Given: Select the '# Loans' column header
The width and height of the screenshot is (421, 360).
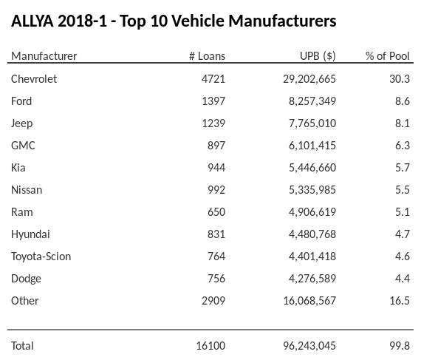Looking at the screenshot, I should (x=207, y=56).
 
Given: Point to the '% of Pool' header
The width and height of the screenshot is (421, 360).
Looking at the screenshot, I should (x=387, y=56).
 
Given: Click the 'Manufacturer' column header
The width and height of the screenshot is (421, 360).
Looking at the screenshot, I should (x=44, y=56).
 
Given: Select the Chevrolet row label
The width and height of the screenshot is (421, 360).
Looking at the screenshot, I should (x=34, y=78).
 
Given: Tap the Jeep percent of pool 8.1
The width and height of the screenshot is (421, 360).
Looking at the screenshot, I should (x=402, y=123).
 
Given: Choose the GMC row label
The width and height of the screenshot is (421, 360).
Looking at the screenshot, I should (x=23, y=145).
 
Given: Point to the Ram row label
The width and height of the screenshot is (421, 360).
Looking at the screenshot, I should (x=22, y=211).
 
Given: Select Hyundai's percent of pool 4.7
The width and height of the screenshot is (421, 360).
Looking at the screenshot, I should (x=402, y=234).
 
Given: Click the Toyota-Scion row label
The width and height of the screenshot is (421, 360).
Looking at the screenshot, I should (x=41, y=256).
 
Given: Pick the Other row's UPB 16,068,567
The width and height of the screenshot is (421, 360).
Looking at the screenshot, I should (x=305, y=300).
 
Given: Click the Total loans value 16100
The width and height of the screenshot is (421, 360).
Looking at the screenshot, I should (x=210, y=345).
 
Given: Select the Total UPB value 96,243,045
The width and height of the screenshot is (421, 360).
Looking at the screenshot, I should (x=305, y=345).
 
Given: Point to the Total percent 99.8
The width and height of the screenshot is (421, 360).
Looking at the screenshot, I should (x=400, y=345).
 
